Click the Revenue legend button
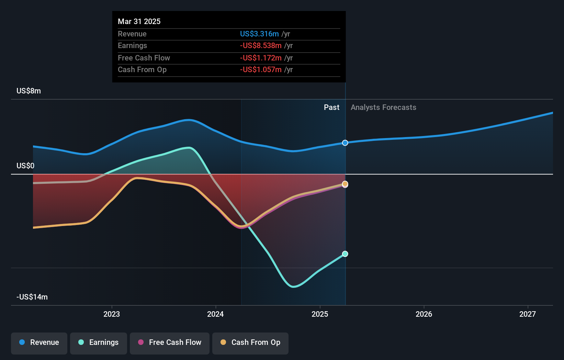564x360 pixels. (x=39, y=343)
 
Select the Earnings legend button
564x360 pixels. (x=99, y=343)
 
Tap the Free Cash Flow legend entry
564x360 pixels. (x=170, y=343)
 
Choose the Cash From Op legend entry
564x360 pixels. (x=250, y=343)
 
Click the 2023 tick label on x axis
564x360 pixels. (x=112, y=314)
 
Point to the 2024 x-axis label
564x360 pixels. (x=215, y=314)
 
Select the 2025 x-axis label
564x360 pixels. (x=320, y=314)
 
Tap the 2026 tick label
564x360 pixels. (x=424, y=314)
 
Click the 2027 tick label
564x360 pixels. (x=528, y=314)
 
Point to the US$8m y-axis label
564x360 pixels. (x=29, y=91)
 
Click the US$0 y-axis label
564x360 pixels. (x=25, y=166)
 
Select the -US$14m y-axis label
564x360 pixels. (x=32, y=297)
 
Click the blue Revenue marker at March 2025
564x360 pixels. (x=345, y=143)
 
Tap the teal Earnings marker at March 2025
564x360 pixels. (x=345, y=254)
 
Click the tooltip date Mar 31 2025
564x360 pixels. (x=139, y=22)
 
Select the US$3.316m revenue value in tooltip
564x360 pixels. (x=259, y=34)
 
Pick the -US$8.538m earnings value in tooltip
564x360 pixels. (x=261, y=46)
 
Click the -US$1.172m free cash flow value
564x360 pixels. (x=261, y=58)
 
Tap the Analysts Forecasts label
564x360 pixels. (x=383, y=108)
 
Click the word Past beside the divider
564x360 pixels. (x=331, y=108)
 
